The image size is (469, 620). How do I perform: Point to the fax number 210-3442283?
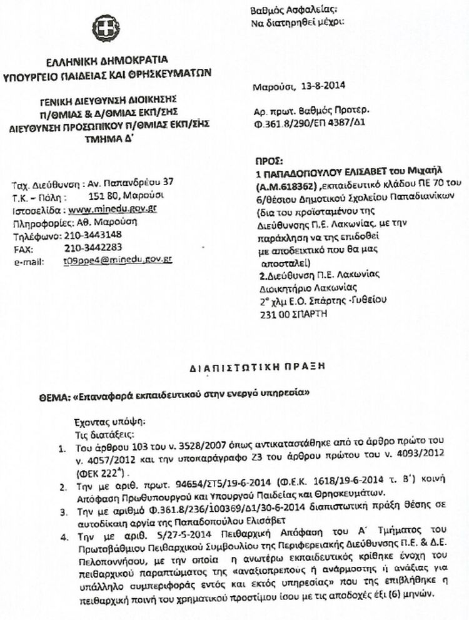[x=93, y=248]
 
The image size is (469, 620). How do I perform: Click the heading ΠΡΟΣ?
[x=268, y=160]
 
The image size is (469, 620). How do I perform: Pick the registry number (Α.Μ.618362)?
[x=285, y=185]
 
